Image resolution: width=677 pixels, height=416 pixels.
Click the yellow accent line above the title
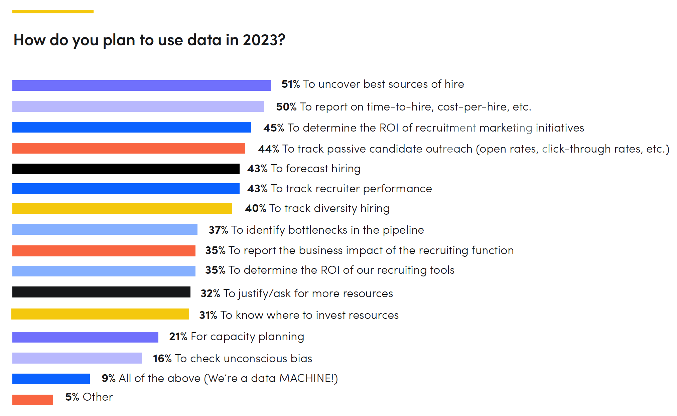(x=53, y=12)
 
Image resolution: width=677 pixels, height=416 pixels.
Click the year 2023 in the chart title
(x=264, y=40)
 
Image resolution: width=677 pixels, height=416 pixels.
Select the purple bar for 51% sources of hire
(x=141, y=85)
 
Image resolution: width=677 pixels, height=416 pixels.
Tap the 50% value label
(x=286, y=107)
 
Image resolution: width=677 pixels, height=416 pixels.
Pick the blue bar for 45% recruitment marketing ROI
(x=131, y=127)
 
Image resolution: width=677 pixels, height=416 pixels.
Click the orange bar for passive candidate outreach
(x=129, y=148)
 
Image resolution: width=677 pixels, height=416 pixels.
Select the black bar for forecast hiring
(x=126, y=169)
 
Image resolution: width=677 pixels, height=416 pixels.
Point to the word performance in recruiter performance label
(x=397, y=189)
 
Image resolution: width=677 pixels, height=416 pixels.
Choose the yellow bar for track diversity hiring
(x=122, y=208)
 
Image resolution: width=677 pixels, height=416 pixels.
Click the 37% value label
(x=218, y=230)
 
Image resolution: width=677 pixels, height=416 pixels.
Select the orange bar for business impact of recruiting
(x=104, y=251)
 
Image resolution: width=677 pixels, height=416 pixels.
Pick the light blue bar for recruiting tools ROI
(x=104, y=271)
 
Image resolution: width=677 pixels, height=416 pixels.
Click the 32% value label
(x=210, y=293)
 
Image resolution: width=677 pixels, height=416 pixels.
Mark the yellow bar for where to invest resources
(x=100, y=314)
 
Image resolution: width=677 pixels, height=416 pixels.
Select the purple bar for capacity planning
(x=85, y=337)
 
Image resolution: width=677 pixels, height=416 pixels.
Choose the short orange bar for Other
(x=33, y=400)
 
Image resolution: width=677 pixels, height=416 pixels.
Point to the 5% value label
(x=72, y=397)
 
